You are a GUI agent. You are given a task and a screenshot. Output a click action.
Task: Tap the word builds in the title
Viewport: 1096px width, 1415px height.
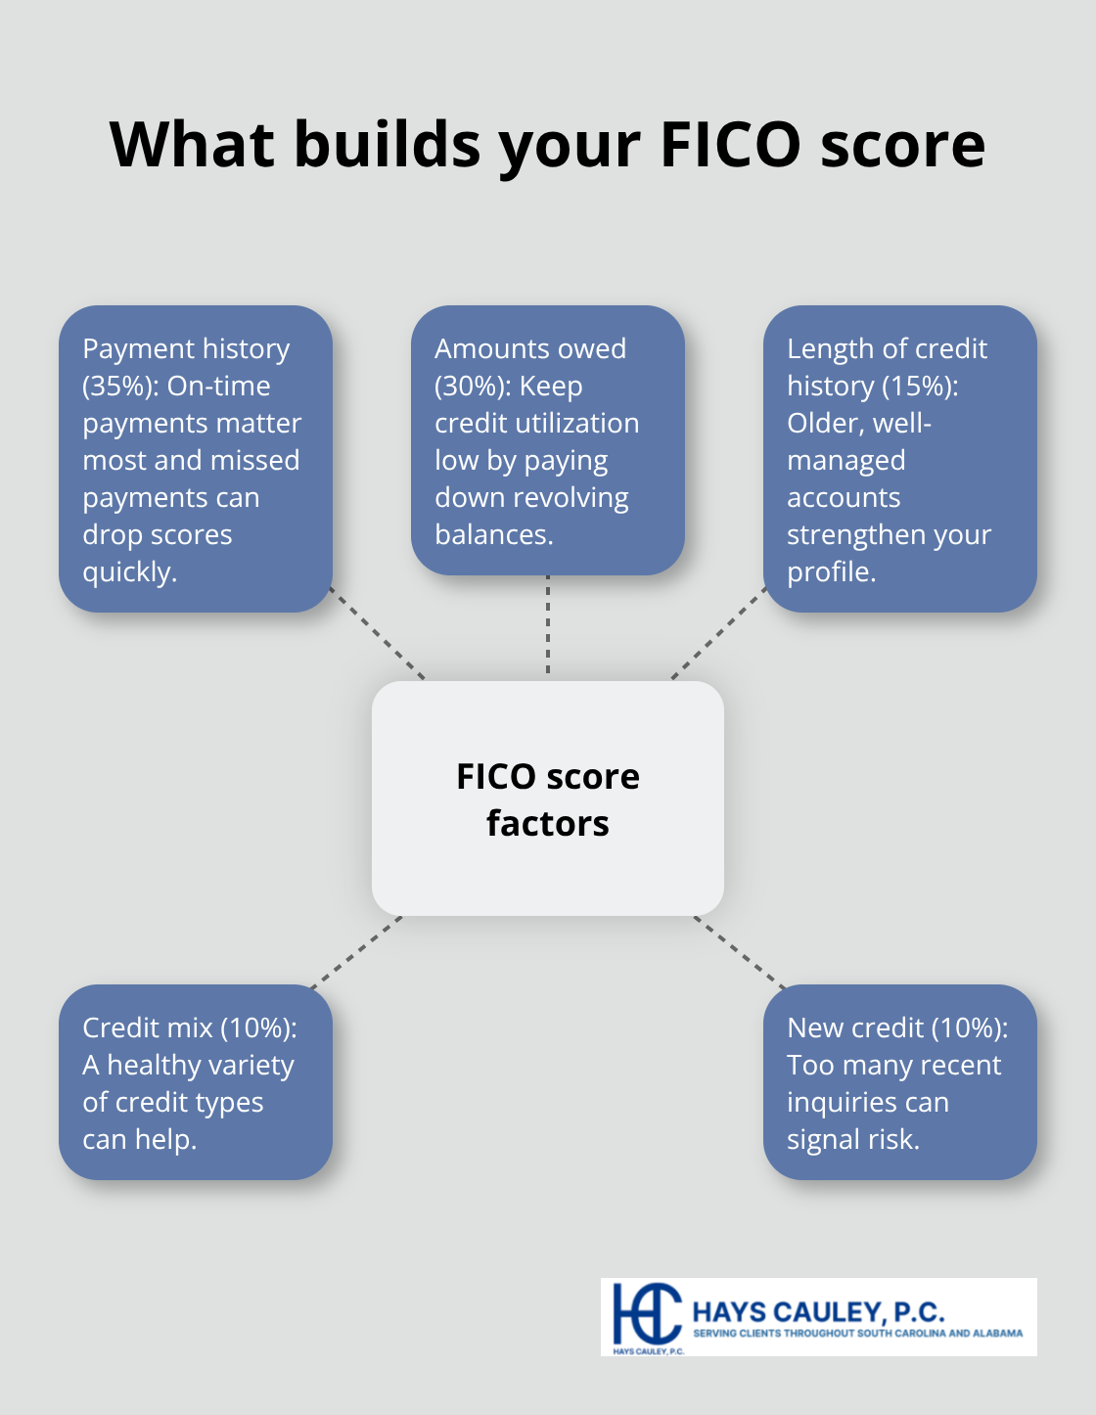click(x=388, y=145)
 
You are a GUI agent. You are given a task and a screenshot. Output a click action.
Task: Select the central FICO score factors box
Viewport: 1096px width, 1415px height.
click(x=548, y=799)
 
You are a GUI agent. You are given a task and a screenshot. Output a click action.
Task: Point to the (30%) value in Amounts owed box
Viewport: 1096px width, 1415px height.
click(x=472, y=387)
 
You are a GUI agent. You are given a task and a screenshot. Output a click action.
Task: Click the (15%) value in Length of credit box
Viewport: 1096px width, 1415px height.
click(x=920, y=387)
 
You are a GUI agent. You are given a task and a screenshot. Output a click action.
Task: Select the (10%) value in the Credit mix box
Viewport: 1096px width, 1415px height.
click(x=257, y=1028)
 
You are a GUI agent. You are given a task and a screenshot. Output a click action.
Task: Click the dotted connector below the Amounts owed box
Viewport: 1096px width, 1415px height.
click(x=548, y=626)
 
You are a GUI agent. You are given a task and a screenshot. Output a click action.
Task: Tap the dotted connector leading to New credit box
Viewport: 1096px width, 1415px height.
click(x=740, y=952)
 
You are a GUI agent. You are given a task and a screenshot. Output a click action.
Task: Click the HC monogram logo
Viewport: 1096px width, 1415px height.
click(x=647, y=1314)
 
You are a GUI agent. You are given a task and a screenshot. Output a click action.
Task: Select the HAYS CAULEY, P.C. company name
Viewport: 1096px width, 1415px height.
click(x=818, y=1312)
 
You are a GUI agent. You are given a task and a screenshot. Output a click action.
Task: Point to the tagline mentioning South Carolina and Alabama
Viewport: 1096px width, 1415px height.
click(x=857, y=1333)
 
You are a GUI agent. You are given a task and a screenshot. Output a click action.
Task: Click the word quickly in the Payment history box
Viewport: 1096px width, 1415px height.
click(x=129, y=572)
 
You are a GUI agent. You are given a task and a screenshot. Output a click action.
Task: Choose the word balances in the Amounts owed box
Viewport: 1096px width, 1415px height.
click(x=493, y=535)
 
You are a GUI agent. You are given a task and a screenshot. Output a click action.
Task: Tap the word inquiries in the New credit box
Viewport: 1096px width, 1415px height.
click(x=843, y=1103)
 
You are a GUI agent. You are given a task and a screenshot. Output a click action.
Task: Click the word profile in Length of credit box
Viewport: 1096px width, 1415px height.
click(x=830, y=572)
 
